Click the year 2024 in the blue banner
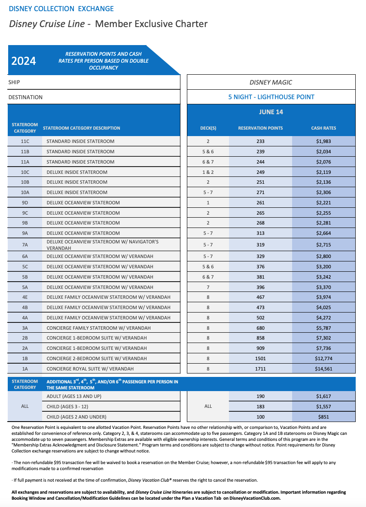(24, 61)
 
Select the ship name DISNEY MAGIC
(271, 82)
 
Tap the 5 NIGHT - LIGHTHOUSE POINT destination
(271, 97)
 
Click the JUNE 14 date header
(271, 112)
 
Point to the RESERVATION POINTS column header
(260, 128)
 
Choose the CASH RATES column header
(323, 128)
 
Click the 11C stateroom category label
(25, 141)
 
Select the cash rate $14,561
(323, 369)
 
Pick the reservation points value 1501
(260, 358)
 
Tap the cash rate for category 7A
(323, 245)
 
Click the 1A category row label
(25, 369)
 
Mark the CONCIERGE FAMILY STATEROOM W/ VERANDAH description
(98, 328)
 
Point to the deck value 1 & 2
(208, 172)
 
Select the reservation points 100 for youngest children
(260, 417)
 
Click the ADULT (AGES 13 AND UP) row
(73, 396)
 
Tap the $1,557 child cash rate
(323, 407)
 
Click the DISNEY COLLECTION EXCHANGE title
(61, 9)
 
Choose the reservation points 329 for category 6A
(260, 256)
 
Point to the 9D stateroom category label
(25, 203)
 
